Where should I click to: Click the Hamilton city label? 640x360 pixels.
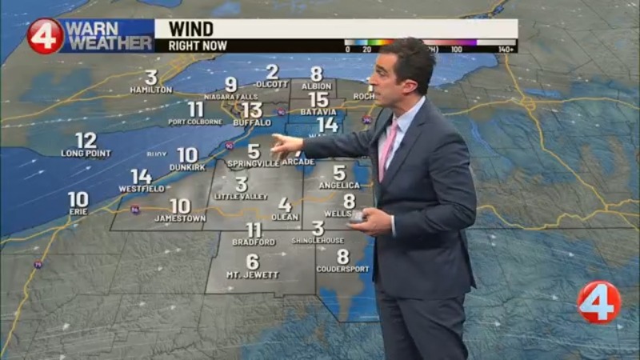click(150, 90)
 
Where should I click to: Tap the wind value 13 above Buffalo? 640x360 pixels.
click(252, 110)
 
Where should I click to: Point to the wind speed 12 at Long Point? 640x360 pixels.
click(86, 140)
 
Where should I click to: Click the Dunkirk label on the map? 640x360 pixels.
click(186, 167)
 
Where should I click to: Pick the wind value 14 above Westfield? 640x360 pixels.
click(142, 176)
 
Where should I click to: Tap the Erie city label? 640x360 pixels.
click(78, 212)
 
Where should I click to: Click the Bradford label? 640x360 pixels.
click(254, 242)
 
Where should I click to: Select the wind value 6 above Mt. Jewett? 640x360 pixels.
click(253, 262)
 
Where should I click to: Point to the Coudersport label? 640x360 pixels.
click(342, 269)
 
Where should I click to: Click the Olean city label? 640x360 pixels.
click(284, 217)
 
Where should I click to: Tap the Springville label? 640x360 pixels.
click(254, 163)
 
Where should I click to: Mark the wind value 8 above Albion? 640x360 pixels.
click(317, 74)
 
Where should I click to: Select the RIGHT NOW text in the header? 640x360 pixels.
click(186, 46)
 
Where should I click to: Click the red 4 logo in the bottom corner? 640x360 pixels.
click(598, 302)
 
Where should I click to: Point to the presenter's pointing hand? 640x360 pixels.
click(284, 144)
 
